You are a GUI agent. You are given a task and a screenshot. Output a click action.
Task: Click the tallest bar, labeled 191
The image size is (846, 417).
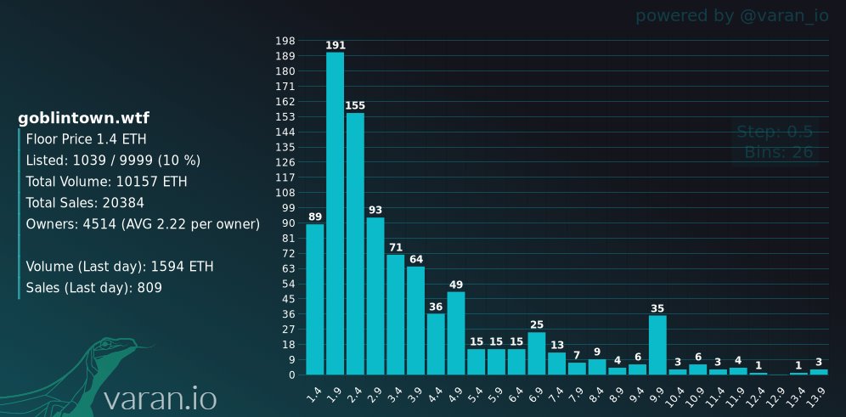point(335,213)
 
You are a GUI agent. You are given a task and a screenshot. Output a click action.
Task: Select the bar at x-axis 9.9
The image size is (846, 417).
point(657,345)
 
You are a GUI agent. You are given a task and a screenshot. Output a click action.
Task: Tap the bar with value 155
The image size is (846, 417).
point(355,243)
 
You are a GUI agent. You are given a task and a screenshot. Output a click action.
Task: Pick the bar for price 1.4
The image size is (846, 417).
point(315,300)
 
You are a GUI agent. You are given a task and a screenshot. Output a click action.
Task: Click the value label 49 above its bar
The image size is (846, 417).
point(456,285)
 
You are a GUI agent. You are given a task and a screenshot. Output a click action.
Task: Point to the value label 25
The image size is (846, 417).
point(536,324)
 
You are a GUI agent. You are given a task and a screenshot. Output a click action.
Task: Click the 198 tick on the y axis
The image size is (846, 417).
point(285,41)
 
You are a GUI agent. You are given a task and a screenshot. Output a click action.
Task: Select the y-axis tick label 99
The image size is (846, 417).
point(289,208)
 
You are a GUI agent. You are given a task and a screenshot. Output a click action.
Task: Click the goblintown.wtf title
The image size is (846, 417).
point(83,119)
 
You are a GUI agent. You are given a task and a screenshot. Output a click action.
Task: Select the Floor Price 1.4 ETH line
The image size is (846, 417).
point(87,139)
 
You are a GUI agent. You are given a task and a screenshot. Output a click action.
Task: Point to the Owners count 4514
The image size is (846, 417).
point(99,224)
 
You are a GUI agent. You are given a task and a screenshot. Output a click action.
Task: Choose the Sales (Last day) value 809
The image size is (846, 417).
point(149,288)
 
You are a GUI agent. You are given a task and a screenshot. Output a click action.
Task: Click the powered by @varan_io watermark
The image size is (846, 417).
point(731,16)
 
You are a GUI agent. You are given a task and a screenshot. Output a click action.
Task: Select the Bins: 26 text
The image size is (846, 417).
point(779,152)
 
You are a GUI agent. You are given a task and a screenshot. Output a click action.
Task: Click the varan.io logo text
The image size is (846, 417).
point(161,398)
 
